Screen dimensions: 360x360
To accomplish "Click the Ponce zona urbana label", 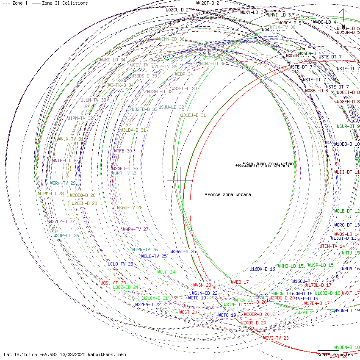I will coord(229,195).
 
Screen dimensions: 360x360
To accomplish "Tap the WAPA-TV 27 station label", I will coord(136,229).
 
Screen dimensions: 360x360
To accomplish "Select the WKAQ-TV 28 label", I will coord(130,208).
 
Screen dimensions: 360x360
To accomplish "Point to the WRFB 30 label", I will coord(122,151).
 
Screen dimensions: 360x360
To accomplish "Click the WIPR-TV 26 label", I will coord(145,250).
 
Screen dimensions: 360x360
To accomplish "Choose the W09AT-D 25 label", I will coord(183,252).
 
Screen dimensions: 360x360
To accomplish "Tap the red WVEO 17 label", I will coord(240,282).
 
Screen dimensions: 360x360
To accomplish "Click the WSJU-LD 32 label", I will coord(172,107).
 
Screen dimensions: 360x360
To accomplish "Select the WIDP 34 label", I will coord(184,74).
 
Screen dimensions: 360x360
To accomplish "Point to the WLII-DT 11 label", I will coord(347,172).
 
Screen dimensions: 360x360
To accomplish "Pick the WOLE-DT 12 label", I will coord(347,211).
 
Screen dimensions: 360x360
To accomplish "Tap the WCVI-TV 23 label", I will coord(276,338).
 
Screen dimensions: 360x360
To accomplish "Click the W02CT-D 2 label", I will coord(208,3).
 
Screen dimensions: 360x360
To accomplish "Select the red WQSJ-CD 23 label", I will coord(113,283).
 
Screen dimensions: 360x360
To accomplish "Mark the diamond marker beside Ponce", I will coord(206,194).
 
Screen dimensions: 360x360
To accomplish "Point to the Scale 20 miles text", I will coord(335,354).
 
